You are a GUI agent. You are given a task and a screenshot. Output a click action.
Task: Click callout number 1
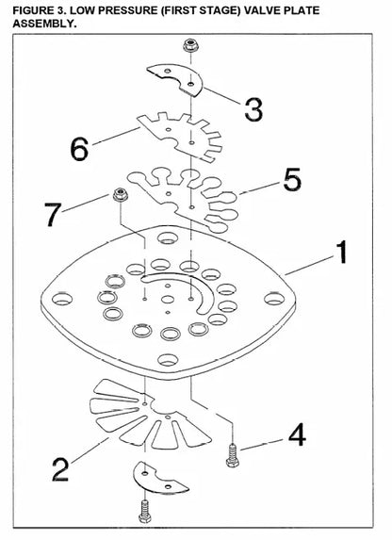pos(342,253)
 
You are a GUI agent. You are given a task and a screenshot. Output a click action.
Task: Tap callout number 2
pos(60,469)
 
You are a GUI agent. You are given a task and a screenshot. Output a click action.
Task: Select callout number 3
pos(253,109)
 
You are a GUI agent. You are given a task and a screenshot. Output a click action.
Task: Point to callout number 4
pos(297,434)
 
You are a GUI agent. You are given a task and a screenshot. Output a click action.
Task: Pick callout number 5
pos(292,179)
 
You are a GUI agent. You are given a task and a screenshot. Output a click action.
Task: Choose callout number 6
pos(79,149)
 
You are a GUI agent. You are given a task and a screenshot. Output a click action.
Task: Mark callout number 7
pos(53,215)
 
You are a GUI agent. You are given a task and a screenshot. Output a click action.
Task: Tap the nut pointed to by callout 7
pos(121,195)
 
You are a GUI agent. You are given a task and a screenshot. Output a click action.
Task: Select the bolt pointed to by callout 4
pos(233,455)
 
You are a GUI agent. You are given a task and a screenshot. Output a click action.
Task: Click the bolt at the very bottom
pos(145,511)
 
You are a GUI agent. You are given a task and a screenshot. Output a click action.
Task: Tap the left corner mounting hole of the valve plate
pos(62,299)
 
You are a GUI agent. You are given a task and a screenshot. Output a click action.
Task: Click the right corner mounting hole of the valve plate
pos(274,299)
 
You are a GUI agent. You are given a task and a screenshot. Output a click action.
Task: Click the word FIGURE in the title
pos(32,10)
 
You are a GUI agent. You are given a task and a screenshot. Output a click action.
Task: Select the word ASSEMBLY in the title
pos(45,24)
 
